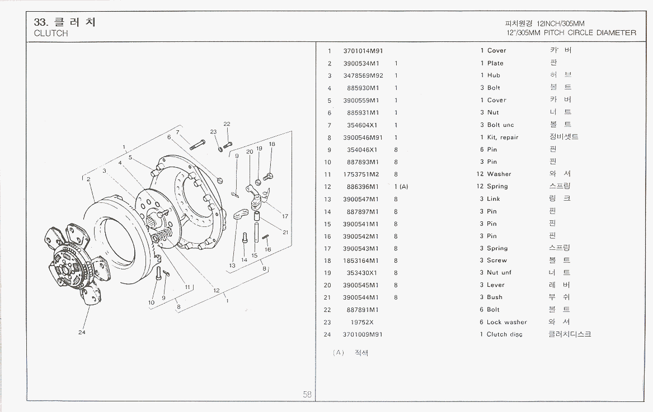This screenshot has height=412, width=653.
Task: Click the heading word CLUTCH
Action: point(51,33)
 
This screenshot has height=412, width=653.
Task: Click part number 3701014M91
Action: point(363,51)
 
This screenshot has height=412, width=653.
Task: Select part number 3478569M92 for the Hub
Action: point(363,75)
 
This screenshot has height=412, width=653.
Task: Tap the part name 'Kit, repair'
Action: point(502,138)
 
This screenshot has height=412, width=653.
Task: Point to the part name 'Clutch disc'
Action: point(504,334)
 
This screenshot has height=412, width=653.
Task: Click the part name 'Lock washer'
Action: point(506,322)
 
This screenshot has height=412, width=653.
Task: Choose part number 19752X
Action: point(362,322)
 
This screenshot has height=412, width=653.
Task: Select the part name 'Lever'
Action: point(496,285)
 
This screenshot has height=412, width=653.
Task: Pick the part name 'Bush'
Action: point(495,297)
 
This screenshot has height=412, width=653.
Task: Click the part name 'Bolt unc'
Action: point(500,125)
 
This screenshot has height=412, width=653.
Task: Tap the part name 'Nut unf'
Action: point(499,273)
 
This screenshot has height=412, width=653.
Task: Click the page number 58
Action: point(307,394)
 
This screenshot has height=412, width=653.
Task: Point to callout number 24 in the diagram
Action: point(82,333)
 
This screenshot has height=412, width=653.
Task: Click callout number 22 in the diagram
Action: point(227,124)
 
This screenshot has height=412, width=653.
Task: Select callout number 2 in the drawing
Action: point(88,179)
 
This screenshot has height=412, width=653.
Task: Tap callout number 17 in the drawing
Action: point(285,216)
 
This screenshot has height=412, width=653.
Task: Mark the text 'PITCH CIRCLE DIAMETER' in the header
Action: point(590,32)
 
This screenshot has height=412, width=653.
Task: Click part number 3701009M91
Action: point(363,334)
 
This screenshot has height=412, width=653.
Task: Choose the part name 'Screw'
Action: point(497,261)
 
